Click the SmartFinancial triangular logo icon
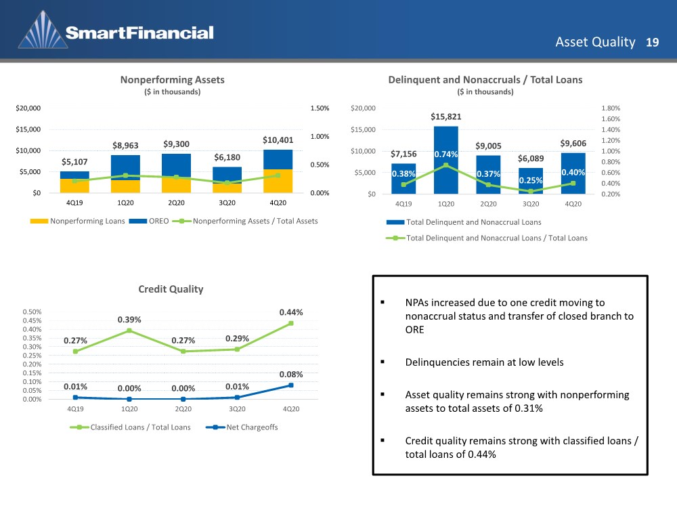[43, 30]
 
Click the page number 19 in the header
[652, 42]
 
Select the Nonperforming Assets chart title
[172, 80]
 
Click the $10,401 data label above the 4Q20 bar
[278, 140]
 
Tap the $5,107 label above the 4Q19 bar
[74, 162]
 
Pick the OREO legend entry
[149, 221]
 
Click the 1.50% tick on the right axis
[320, 108]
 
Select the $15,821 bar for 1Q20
[446, 160]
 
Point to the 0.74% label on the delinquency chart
[446, 154]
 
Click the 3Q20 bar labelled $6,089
[531, 181]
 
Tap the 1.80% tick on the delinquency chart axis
[611, 108]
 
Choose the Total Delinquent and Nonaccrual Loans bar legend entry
[464, 222]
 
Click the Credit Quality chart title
[171, 289]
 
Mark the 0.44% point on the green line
[291, 323]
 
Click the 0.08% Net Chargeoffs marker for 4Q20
[291, 385]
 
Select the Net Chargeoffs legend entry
[242, 427]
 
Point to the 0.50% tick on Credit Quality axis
[32, 312]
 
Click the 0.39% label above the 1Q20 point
[129, 320]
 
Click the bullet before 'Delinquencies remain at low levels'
[383, 362]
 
